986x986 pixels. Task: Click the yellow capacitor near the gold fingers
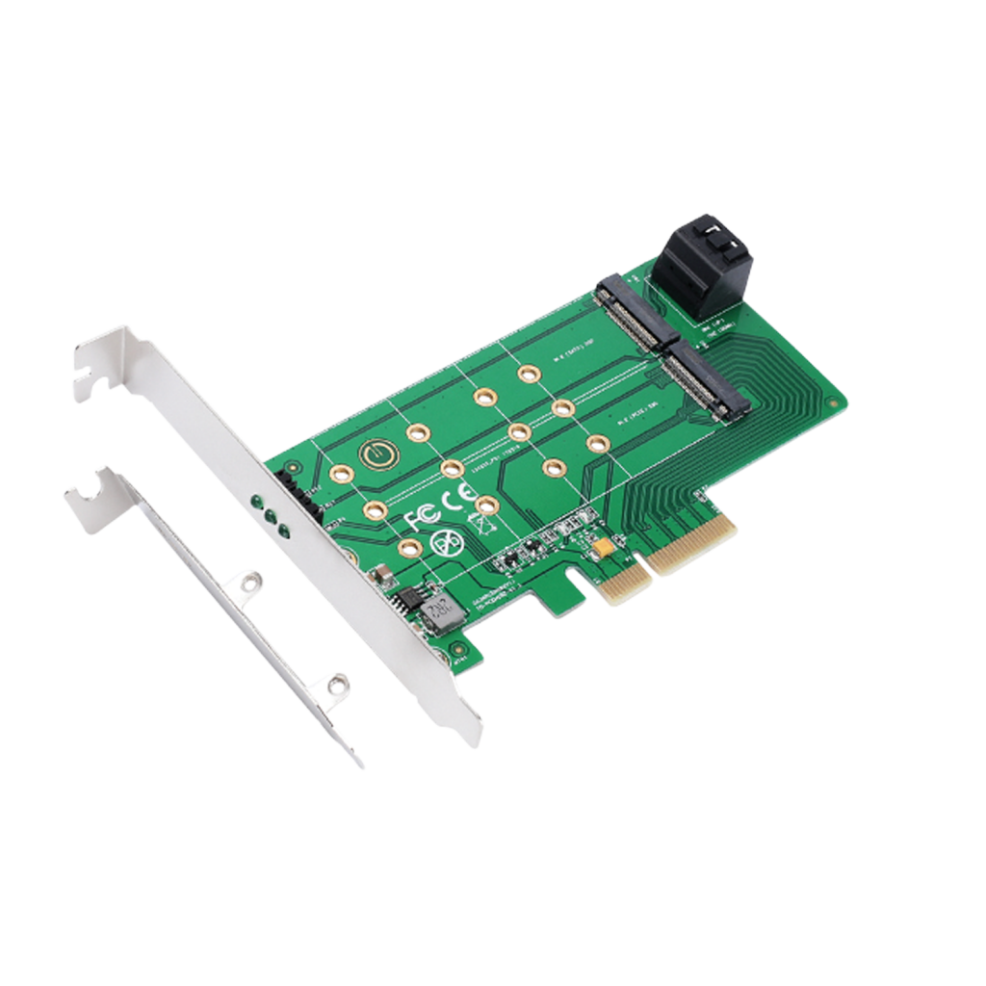[604, 548]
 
